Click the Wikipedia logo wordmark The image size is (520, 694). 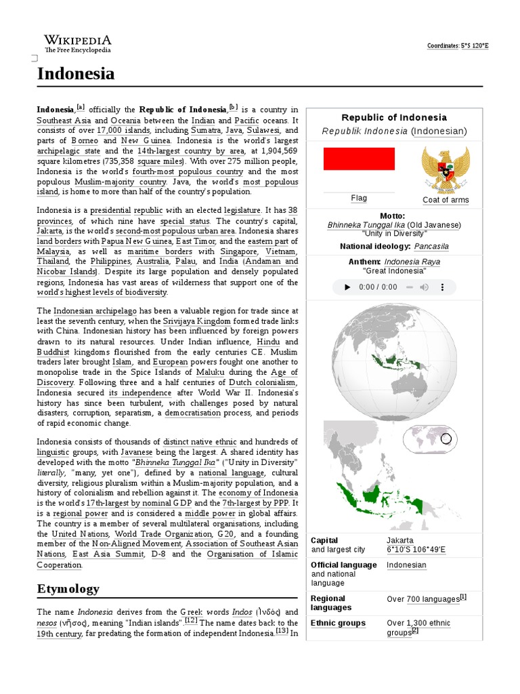78,41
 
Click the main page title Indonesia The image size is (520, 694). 76,74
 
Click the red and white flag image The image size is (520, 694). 359,159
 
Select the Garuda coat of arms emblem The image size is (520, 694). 445,169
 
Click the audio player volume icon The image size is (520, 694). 424,287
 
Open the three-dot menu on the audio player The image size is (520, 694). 443,287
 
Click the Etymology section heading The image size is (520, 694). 68,588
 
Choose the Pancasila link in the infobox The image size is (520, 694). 431,247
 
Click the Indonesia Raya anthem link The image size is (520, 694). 412,262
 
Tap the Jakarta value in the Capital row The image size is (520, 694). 400,540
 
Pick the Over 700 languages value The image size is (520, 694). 422,599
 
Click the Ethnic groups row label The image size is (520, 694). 338,623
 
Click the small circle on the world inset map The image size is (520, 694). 446,439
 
